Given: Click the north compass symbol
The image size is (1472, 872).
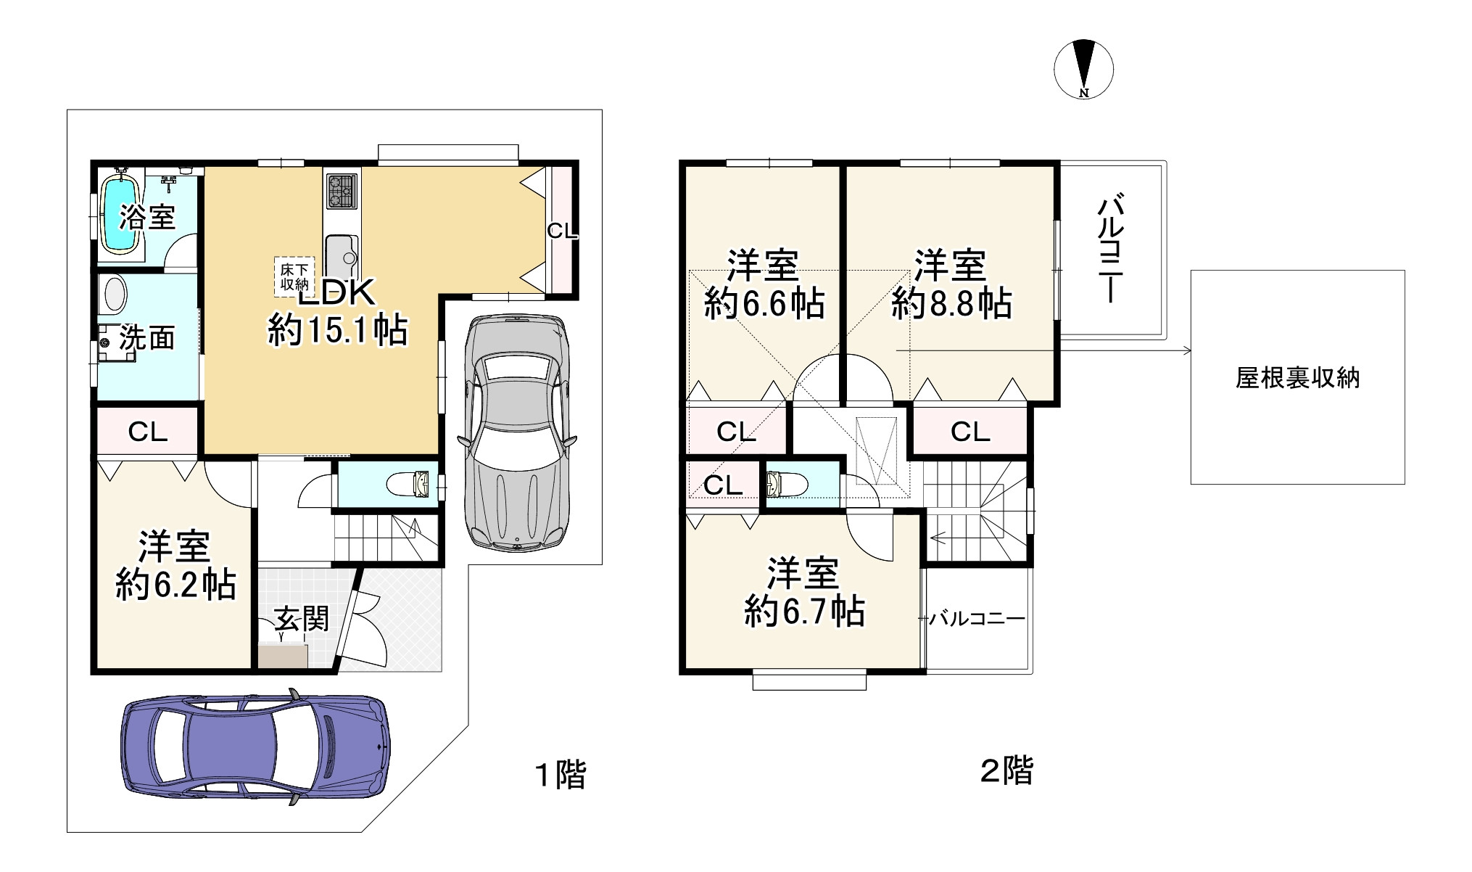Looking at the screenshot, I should (x=1083, y=69).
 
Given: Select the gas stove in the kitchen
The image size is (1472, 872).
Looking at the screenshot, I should (x=341, y=191).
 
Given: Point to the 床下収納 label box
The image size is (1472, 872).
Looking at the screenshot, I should (x=294, y=276).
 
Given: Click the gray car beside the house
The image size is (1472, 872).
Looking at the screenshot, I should (x=516, y=432).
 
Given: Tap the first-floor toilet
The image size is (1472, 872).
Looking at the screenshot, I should (x=408, y=483).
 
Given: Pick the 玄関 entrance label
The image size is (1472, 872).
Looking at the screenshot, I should (x=302, y=619).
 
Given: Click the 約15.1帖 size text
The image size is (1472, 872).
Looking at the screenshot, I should (x=338, y=331).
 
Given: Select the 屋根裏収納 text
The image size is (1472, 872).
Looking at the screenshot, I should (x=1297, y=378).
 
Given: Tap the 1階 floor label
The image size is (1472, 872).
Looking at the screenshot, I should (x=560, y=774).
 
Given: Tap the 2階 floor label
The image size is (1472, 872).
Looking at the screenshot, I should (x=1006, y=770).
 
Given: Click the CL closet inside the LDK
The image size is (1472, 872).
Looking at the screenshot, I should (x=561, y=231).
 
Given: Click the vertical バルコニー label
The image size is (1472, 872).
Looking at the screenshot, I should (x=1110, y=247).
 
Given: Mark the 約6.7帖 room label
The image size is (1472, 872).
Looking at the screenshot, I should (x=804, y=612).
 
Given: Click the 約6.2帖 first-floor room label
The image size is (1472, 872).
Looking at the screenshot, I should (x=175, y=584).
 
